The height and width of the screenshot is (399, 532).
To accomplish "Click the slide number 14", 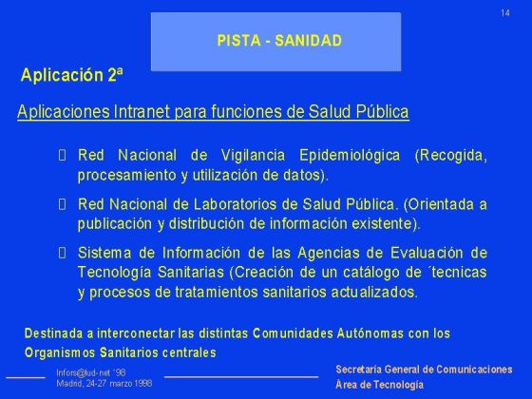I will [x=505, y=11].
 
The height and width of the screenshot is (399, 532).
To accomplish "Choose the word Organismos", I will [x=59, y=352].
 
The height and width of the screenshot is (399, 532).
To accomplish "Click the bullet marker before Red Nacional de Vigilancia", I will [x=63, y=156].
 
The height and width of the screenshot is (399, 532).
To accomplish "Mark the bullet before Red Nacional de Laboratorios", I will [x=63, y=204].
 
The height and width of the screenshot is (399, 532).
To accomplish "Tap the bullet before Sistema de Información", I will [x=63, y=253].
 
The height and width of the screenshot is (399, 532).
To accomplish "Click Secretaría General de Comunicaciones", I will [x=424, y=369].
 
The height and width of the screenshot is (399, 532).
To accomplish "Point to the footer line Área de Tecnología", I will [x=380, y=385].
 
